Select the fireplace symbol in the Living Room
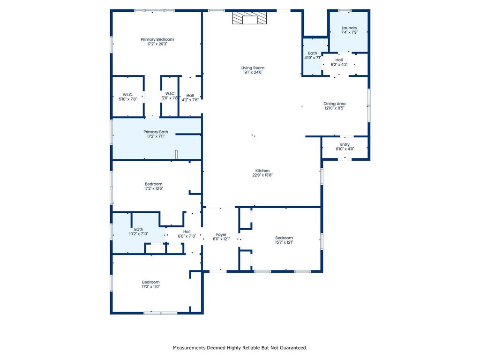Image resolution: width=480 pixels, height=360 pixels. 249,18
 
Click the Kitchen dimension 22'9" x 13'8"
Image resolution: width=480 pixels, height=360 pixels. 262,175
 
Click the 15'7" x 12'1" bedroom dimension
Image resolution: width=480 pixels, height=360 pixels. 284,242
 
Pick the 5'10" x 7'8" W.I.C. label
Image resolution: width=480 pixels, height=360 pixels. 127,97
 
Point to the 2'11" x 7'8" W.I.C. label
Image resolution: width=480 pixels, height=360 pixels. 170,96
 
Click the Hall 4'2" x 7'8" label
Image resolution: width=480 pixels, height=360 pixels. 190,97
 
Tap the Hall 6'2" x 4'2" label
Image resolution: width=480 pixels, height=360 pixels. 339,62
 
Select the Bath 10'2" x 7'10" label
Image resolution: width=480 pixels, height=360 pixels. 139,232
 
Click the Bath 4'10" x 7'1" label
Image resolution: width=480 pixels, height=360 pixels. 313,55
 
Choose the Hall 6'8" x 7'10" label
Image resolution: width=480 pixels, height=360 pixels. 187,234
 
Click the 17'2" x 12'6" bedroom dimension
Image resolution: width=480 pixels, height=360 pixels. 154,188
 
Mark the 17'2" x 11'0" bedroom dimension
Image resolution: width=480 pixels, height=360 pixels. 151,286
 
